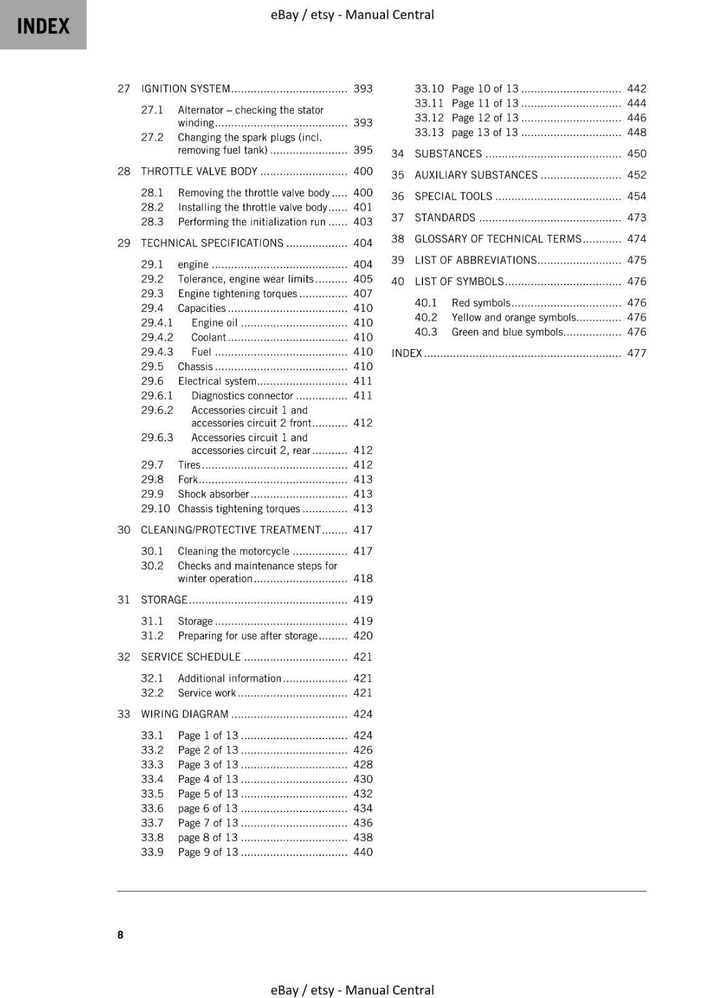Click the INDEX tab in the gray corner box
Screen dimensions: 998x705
tap(43, 26)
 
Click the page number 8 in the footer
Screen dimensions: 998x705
tap(120, 934)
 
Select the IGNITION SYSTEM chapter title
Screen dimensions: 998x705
tap(185, 89)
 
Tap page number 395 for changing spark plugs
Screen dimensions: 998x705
tap(362, 150)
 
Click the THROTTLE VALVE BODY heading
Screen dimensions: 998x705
tap(199, 171)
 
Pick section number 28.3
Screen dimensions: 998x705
tap(152, 221)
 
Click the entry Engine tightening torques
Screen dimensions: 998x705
tap(237, 293)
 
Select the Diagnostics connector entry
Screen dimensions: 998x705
tap(242, 395)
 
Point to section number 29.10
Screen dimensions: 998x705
tap(155, 508)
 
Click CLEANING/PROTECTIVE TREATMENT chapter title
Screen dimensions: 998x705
tap(230, 530)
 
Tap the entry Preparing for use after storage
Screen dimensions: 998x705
tap(248, 636)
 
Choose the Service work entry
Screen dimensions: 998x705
tap(207, 692)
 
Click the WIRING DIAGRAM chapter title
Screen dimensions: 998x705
tap(185, 714)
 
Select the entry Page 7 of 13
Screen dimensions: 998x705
tap(208, 823)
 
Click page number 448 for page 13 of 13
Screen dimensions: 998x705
tap(636, 132)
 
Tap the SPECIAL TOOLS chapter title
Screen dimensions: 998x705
tap(453, 196)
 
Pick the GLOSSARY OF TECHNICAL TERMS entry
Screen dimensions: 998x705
tap(497, 239)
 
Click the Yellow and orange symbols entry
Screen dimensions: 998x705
tap(513, 317)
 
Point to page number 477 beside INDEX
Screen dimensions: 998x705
tap(636, 353)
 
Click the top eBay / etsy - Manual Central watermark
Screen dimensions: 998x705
tap(352, 14)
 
